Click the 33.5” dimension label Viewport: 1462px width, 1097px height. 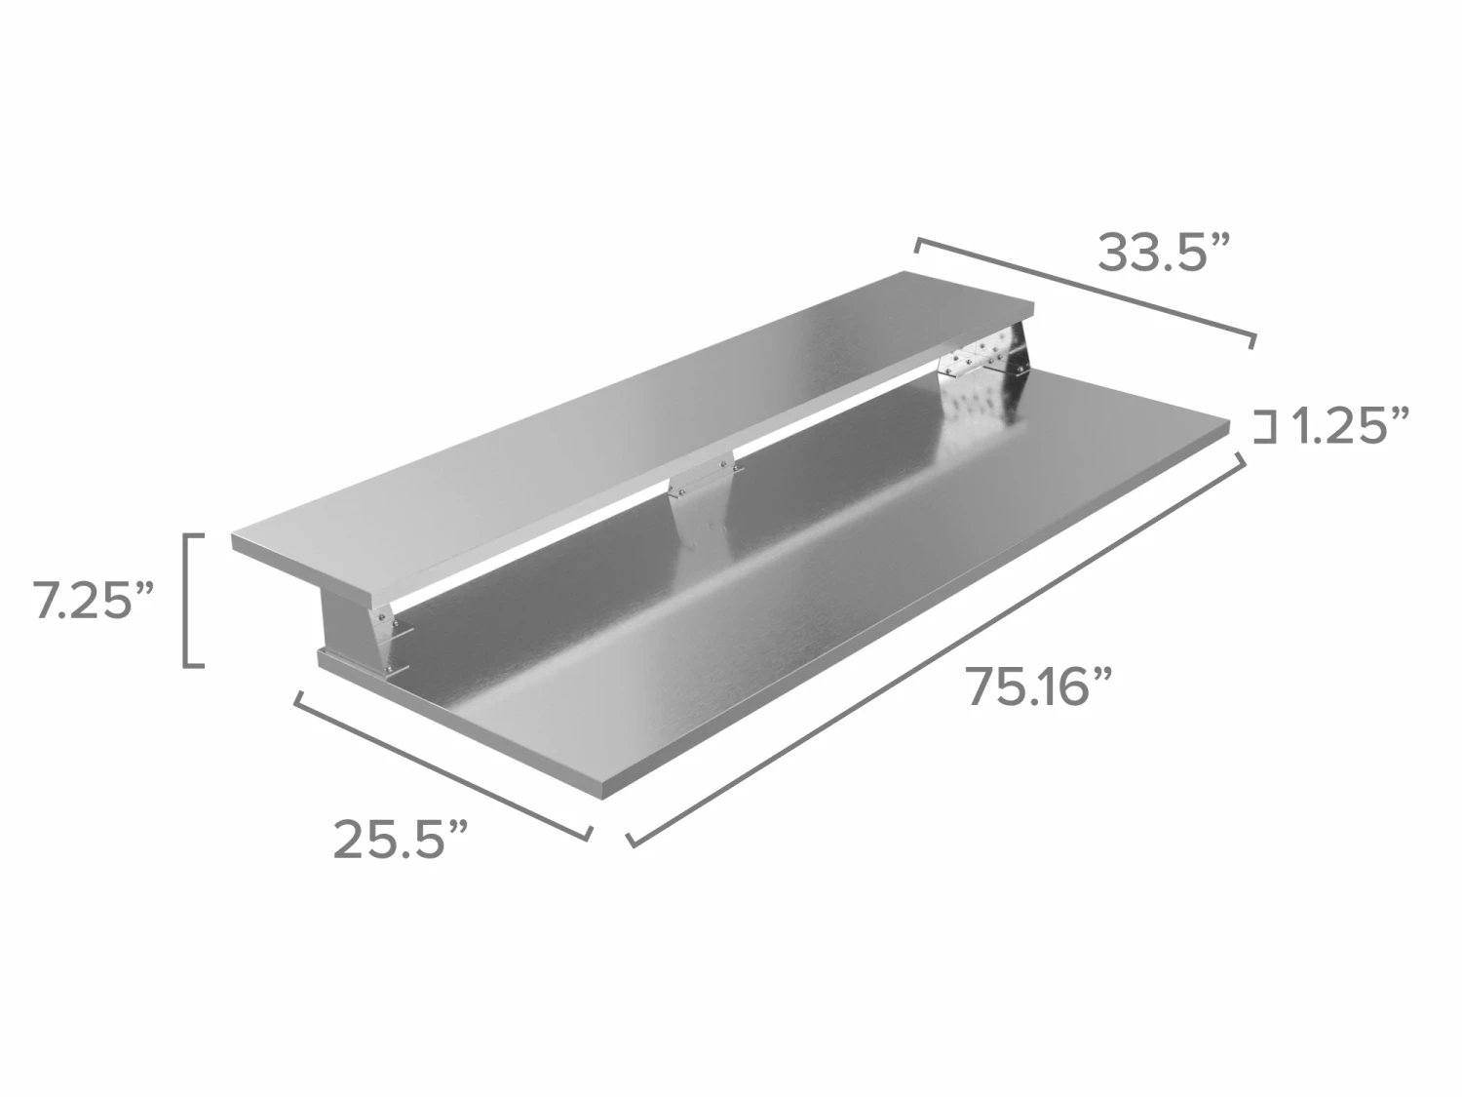[x=1162, y=254]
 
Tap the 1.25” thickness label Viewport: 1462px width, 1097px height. [x=1350, y=425]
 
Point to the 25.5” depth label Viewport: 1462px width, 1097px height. [x=401, y=839]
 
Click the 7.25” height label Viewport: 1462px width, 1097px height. [x=94, y=600]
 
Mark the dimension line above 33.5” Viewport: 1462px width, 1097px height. [x=1086, y=292]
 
